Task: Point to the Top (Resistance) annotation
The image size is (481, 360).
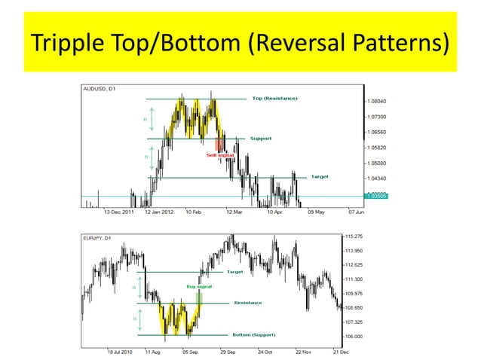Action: (x=274, y=99)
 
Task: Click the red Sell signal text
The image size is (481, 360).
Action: (x=221, y=154)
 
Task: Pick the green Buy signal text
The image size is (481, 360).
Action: (x=199, y=287)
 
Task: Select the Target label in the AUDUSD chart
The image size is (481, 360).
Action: (x=320, y=178)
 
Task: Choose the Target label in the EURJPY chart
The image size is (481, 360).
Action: (x=234, y=271)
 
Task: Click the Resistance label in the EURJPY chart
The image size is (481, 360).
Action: (x=248, y=303)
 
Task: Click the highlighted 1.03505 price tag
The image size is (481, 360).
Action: (x=378, y=197)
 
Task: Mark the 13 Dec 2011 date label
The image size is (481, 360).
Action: (x=118, y=212)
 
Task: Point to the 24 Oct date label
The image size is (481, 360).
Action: (x=265, y=351)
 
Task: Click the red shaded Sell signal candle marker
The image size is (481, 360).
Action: (x=219, y=144)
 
